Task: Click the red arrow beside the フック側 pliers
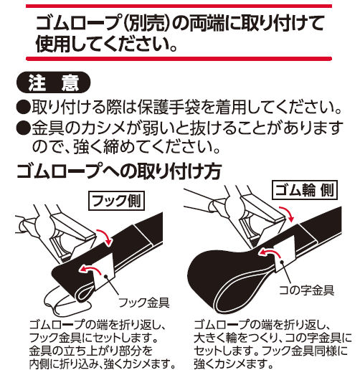pos(103,236)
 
